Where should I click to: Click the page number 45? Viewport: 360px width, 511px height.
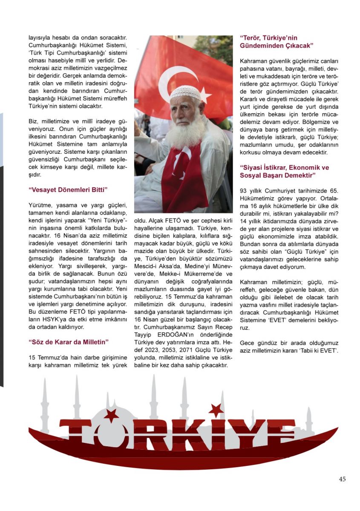(342, 479)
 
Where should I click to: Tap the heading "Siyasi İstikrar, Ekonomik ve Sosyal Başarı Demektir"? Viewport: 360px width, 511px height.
(284, 171)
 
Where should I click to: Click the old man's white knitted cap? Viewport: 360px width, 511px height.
(185, 92)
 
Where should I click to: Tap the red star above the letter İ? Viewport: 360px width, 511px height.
(216, 410)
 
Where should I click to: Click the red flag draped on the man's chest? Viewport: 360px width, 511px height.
(184, 179)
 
